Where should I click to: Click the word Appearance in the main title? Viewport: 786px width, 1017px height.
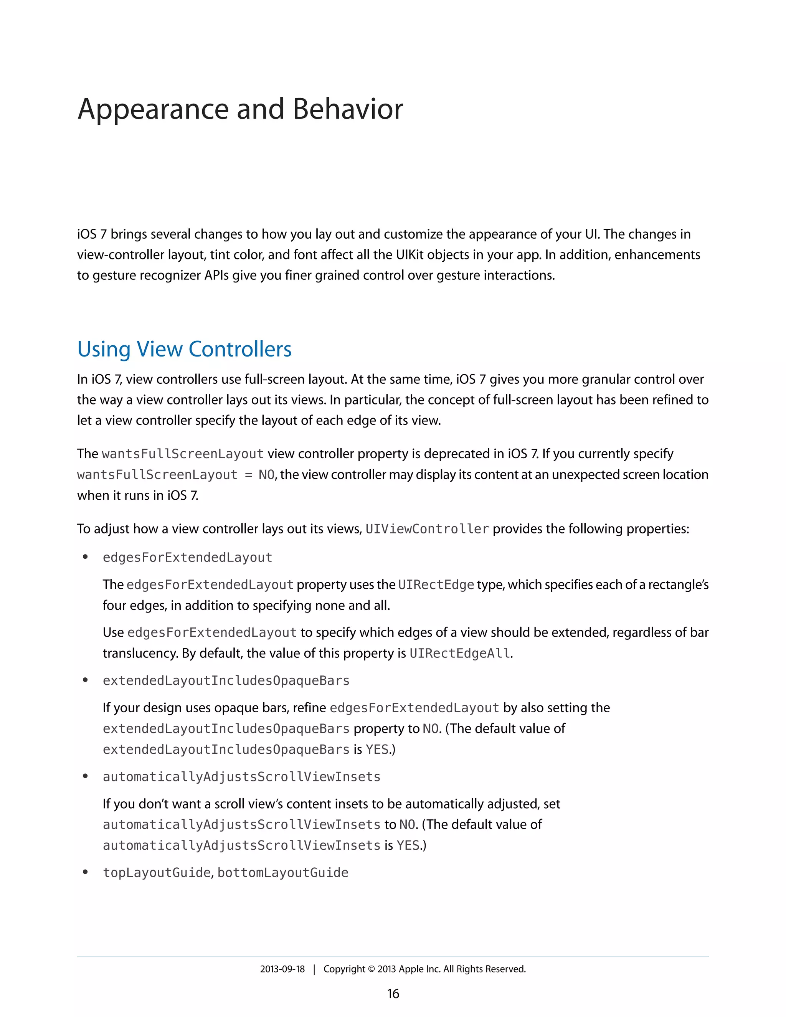pyautogui.click(x=153, y=110)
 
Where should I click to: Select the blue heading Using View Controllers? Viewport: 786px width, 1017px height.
pyautogui.click(x=184, y=349)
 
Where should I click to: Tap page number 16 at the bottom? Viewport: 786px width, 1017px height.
pyautogui.click(x=393, y=994)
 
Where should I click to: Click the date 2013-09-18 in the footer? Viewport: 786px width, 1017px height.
pyautogui.click(x=282, y=969)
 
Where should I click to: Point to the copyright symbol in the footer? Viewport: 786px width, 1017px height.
pyautogui.click(x=371, y=969)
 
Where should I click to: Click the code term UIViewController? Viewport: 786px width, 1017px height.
pyautogui.click(x=427, y=529)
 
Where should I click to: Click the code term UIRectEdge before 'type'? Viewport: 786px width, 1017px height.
pyautogui.click(x=436, y=585)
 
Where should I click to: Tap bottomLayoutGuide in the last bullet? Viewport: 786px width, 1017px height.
pyautogui.click(x=282, y=873)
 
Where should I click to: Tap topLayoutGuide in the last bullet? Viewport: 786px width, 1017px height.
pyautogui.click(x=157, y=873)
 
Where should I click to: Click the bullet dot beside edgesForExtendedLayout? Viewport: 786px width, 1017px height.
pyautogui.click(x=85, y=557)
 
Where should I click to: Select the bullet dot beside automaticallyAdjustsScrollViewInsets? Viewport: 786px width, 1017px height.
pyautogui.click(x=85, y=776)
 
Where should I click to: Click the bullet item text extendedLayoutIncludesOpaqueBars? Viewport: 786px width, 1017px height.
pyautogui.click(x=226, y=681)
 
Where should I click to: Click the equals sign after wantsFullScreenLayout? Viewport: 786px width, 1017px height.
pyautogui.click(x=248, y=475)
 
